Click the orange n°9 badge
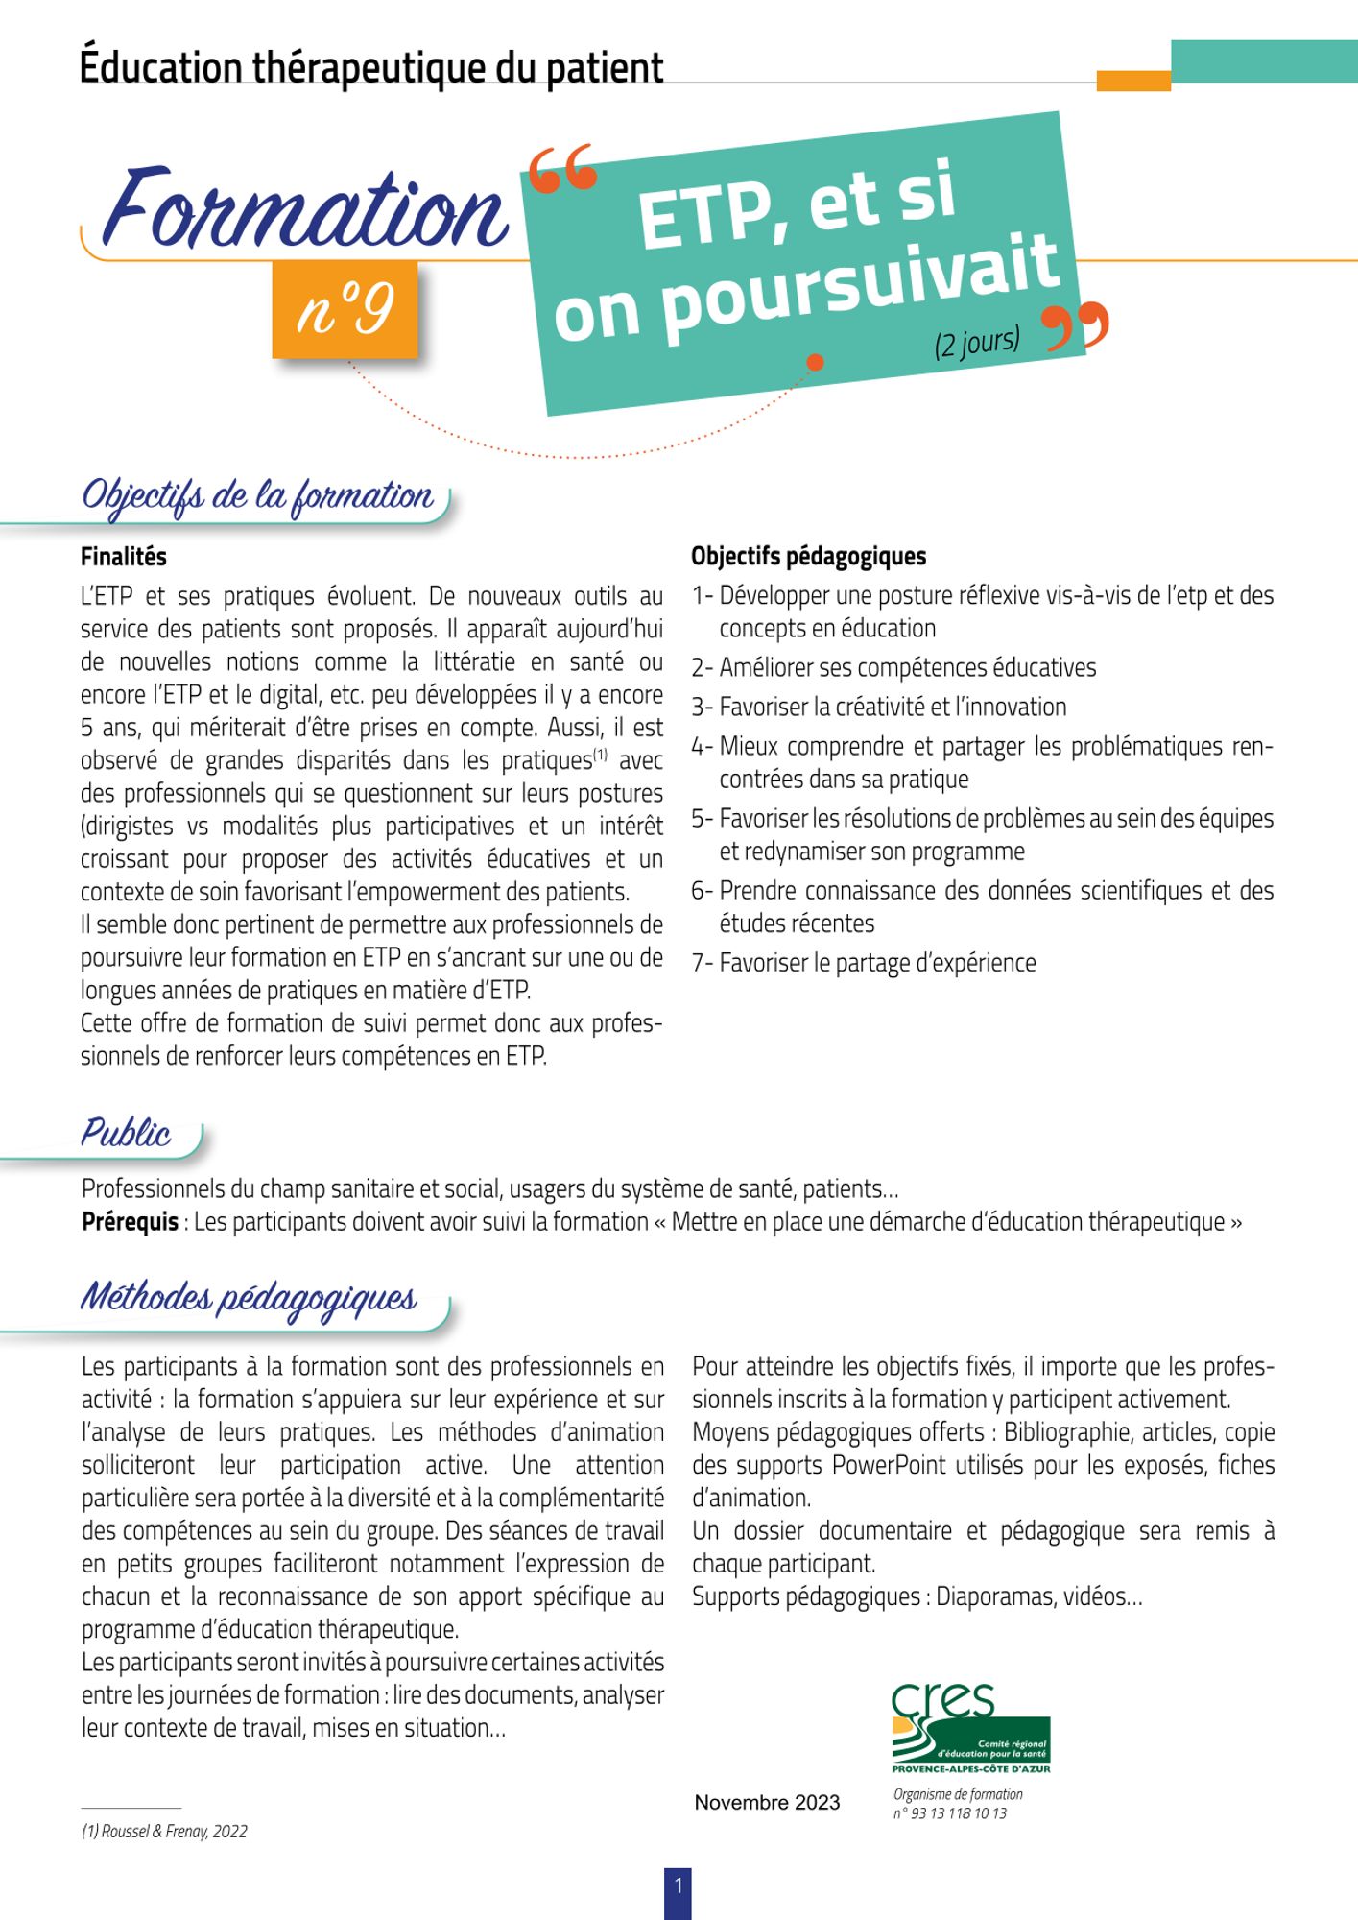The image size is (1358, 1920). tap(345, 310)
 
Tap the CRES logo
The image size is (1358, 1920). tap(969, 1729)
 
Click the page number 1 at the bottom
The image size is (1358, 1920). tap(678, 1885)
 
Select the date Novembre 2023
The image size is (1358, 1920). tap(767, 1803)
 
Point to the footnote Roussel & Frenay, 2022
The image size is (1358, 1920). tap(164, 1832)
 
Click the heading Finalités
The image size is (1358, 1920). tap(123, 557)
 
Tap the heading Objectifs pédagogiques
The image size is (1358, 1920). tap(808, 556)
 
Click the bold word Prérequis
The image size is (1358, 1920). tap(130, 1222)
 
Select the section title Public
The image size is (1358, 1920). tap(126, 1134)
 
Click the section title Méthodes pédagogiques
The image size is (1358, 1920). tap(249, 1298)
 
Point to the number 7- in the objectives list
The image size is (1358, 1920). tap(703, 964)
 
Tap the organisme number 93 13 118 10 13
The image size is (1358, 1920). tap(958, 1813)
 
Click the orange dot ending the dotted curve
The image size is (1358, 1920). tap(815, 362)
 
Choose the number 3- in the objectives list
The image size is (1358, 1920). tap(703, 708)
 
